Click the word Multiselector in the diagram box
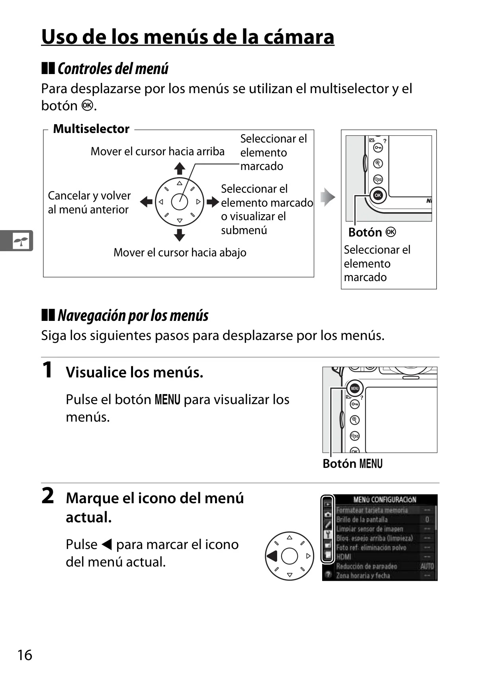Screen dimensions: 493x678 pyautogui.click(x=91, y=129)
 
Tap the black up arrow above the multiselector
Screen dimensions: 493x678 pyautogui.click(x=180, y=168)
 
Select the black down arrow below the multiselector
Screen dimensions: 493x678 pyautogui.click(x=180, y=235)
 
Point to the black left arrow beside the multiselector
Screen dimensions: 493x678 pyautogui.click(x=146, y=202)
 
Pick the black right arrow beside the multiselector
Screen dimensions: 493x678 pyautogui.click(x=213, y=202)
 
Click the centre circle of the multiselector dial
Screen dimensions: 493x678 pyautogui.click(x=180, y=202)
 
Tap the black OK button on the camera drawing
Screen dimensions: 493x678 pyautogui.click(x=378, y=195)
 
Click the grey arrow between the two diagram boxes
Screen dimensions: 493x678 pyautogui.click(x=328, y=197)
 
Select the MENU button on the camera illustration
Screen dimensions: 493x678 pyautogui.click(x=354, y=388)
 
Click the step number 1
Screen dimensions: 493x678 pyautogui.click(x=47, y=370)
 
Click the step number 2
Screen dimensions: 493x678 pyautogui.click(x=48, y=496)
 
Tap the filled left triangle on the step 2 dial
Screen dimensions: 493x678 pyautogui.click(x=272, y=556)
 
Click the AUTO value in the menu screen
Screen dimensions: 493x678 pyautogui.click(x=427, y=566)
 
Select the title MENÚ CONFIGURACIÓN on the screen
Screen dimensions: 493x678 pyautogui.click(x=385, y=500)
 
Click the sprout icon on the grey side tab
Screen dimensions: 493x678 pyautogui.click(x=21, y=241)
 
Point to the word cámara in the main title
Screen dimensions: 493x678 pyautogui.click(x=299, y=37)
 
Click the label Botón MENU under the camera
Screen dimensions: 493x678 pyautogui.click(x=352, y=464)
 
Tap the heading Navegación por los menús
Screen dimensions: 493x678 pyautogui.click(x=133, y=315)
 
